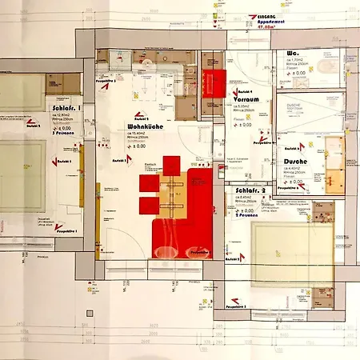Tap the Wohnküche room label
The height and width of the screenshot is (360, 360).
tap(145, 127)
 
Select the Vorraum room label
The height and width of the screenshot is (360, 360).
tap(250, 100)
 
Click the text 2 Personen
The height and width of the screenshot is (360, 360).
tap(249, 215)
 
